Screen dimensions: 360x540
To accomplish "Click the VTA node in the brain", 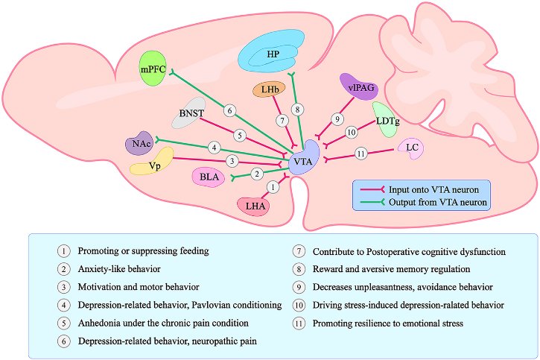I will [302, 161].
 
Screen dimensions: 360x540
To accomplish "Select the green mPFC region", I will [153, 68].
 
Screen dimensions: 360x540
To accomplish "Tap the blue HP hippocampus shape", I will [273, 54].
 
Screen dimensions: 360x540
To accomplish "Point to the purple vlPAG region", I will [359, 86].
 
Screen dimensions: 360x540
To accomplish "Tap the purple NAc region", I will [139, 143].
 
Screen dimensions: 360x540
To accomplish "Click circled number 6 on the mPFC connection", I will [230, 110].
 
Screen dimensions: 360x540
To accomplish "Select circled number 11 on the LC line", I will [361, 154].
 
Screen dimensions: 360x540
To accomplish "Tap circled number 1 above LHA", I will [273, 186].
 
